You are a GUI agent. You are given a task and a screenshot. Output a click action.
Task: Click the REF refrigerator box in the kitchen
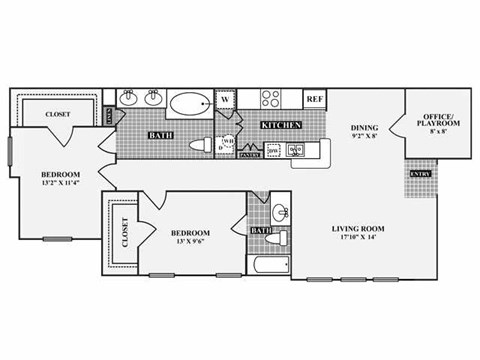314,99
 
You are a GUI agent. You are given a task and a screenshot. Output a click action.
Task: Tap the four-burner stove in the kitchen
272,99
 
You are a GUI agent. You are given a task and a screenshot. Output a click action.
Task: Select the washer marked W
226,99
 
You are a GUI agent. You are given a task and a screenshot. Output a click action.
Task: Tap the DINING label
364,128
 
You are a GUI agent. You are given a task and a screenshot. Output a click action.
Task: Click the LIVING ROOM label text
358,229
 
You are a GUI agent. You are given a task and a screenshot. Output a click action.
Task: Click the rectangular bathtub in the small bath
267,267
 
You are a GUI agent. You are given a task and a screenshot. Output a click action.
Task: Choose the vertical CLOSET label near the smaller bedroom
124,232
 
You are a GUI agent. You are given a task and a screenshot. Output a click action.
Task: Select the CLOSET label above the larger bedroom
58,115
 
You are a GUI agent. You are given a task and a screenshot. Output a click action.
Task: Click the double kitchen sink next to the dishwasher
296,151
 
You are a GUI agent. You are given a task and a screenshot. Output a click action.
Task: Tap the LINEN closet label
109,115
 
